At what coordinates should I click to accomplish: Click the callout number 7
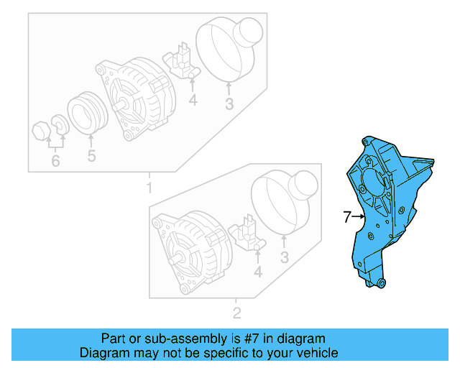coord(346,216)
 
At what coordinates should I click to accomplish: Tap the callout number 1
coord(149,189)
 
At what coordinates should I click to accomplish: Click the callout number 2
coord(236,313)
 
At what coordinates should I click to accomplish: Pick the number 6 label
coord(55,161)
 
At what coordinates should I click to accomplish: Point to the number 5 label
coord(91,156)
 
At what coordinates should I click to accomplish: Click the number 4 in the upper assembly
coord(193,101)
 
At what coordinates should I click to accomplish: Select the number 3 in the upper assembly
coord(229,105)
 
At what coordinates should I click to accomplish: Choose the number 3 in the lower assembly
coord(285,258)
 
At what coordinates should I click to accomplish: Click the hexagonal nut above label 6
coord(42,131)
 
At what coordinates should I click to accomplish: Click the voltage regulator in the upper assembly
coord(181,62)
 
